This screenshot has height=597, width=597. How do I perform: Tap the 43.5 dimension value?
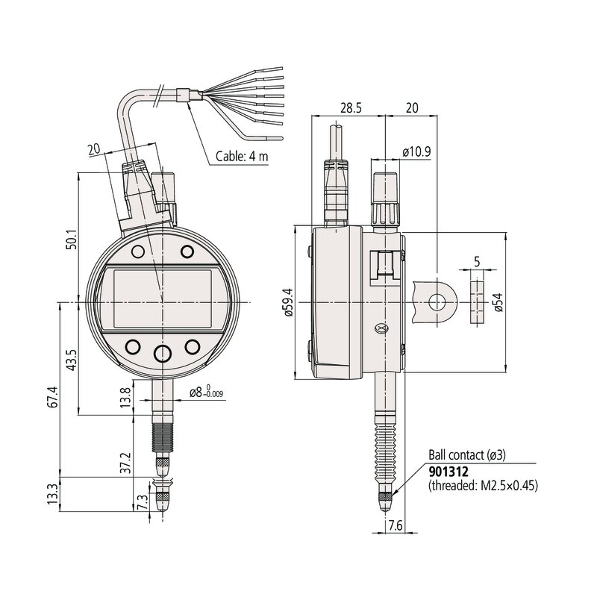(x=70, y=359)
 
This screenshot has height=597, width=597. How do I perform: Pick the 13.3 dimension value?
(x=51, y=493)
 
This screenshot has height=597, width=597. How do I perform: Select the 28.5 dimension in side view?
(x=351, y=107)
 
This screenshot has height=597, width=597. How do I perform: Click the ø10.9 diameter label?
(x=416, y=151)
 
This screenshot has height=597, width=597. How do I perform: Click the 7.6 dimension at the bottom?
(x=396, y=527)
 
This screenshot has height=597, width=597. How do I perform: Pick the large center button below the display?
(x=163, y=352)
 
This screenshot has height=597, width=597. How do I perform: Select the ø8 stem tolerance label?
(x=207, y=392)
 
